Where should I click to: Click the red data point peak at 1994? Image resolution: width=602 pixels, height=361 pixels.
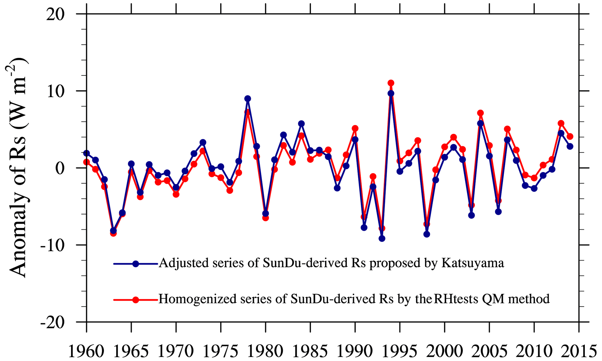pos(391,83)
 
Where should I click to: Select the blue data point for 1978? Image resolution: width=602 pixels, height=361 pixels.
pos(248,99)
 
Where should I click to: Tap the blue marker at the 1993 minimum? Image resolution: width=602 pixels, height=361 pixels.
pos(382,239)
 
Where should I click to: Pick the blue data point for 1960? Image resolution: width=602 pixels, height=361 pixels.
pos(86,153)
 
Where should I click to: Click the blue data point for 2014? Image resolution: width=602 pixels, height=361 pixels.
pos(570,146)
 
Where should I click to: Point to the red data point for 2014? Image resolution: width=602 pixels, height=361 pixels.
pos(570,136)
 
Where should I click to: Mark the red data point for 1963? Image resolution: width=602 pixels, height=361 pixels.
pos(113,233)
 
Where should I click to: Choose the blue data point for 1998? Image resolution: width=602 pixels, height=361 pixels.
pos(427,234)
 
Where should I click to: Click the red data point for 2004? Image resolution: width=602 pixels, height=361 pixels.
pos(481,113)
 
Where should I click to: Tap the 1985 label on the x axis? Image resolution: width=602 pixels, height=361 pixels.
pos(310,352)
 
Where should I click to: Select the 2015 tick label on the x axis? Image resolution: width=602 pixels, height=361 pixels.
pos(579,352)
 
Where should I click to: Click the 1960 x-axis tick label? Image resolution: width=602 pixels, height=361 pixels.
pos(86,352)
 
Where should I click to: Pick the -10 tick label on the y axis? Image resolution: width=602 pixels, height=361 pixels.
pos(52,245)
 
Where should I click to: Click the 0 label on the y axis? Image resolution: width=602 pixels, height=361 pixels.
pos(60,168)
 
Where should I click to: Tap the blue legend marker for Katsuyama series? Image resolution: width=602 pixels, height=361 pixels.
pos(136,264)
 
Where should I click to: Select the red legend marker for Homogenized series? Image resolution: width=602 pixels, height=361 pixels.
pos(136,299)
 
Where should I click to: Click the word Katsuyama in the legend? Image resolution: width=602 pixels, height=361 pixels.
pos(473,263)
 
